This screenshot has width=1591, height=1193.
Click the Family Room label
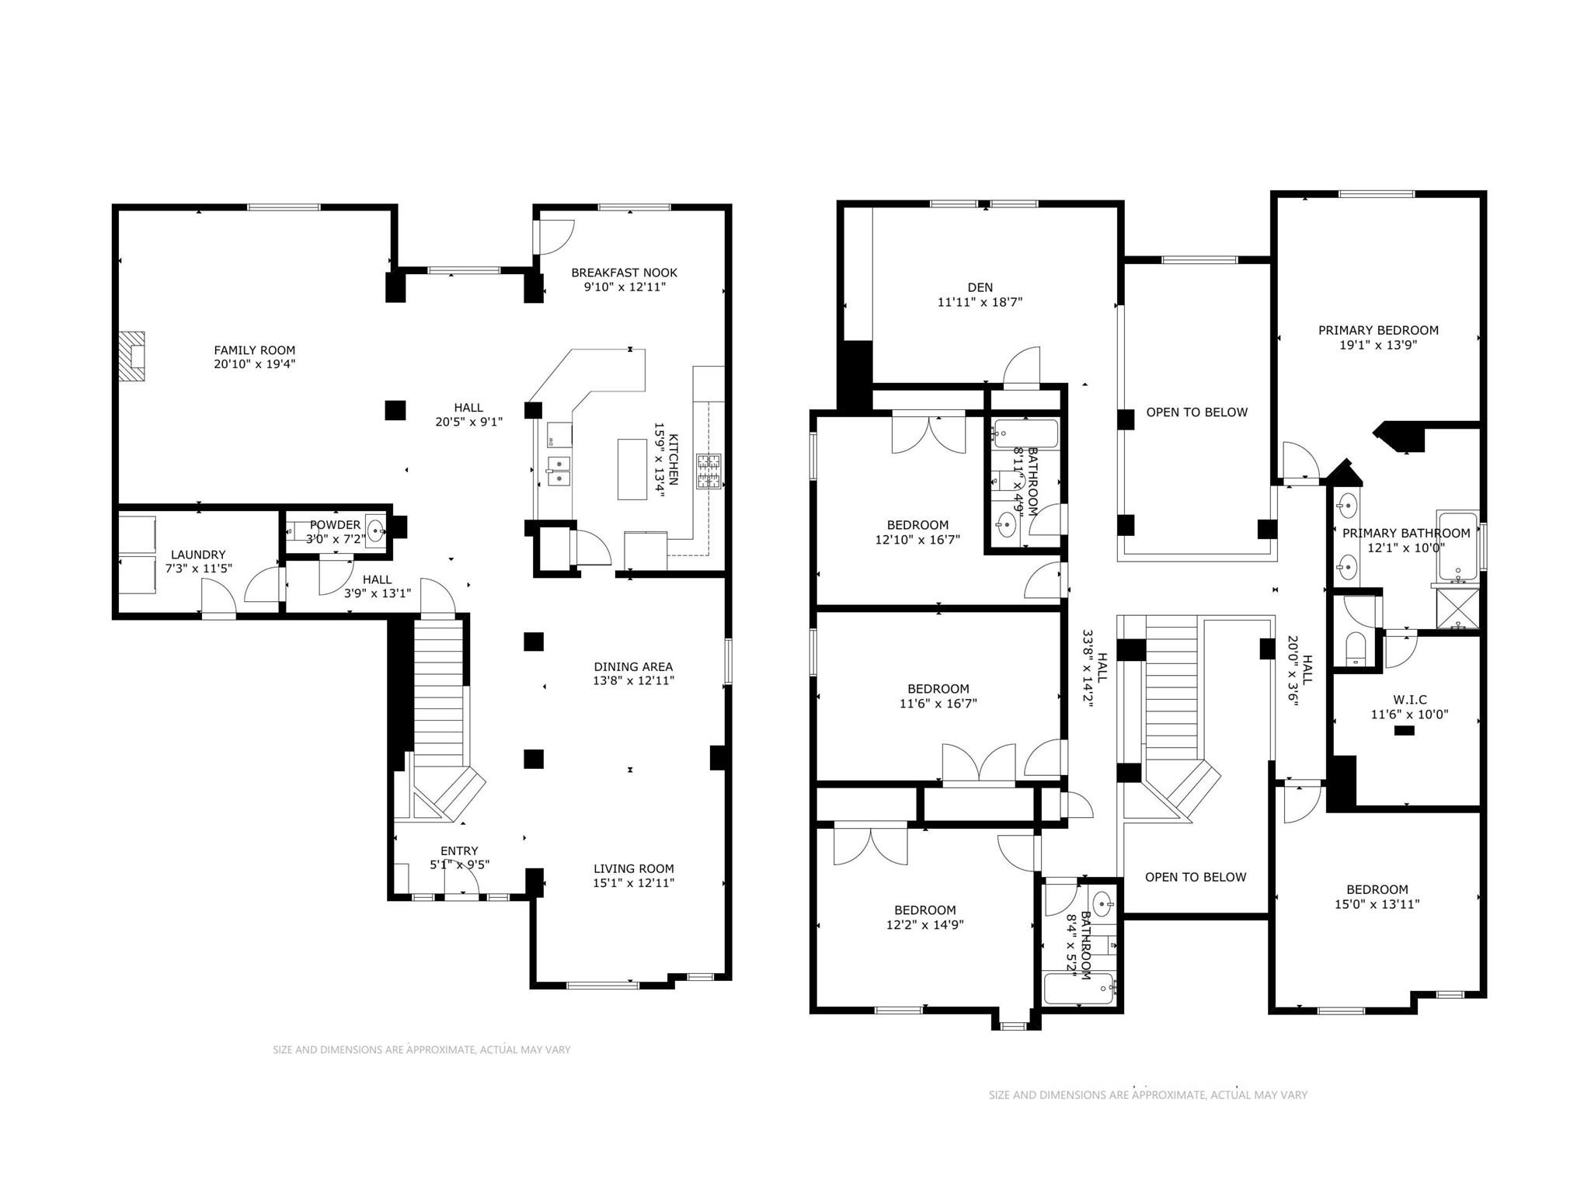(255, 350)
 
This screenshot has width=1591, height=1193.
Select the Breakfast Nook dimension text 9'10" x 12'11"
(625, 287)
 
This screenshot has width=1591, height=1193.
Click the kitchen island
(632, 469)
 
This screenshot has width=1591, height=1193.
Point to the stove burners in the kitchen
(708, 471)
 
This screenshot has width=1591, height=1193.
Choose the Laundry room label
(198, 555)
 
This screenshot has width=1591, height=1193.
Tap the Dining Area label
(633, 666)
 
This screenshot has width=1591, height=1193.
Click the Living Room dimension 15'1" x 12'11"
(634, 882)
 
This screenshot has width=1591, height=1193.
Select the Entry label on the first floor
(459, 850)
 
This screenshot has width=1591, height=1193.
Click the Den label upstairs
(980, 287)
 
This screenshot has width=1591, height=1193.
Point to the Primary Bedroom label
(1378, 330)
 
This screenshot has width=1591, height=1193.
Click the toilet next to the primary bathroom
(1356, 648)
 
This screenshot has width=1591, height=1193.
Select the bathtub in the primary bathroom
(1457, 546)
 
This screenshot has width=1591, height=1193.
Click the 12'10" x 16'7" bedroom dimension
(917, 539)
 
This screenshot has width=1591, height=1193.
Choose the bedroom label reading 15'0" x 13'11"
(1377, 889)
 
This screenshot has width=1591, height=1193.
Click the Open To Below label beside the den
(1197, 412)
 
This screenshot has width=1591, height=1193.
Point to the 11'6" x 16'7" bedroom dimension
(938, 704)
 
